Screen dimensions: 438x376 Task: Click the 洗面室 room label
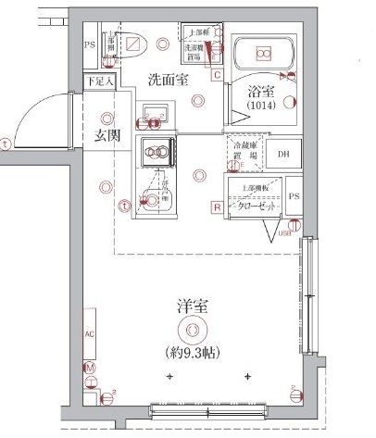coord(168,80)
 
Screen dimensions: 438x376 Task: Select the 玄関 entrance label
coord(108,136)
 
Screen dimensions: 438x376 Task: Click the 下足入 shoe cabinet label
coord(99,81)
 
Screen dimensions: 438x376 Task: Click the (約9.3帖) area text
coord(192,351)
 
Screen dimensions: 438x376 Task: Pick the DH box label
coord(284,154)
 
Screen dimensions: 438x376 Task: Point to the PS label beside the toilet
coord(90,44)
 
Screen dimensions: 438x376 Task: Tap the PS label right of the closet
coord(294,197)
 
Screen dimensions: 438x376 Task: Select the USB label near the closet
coord(285,234)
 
